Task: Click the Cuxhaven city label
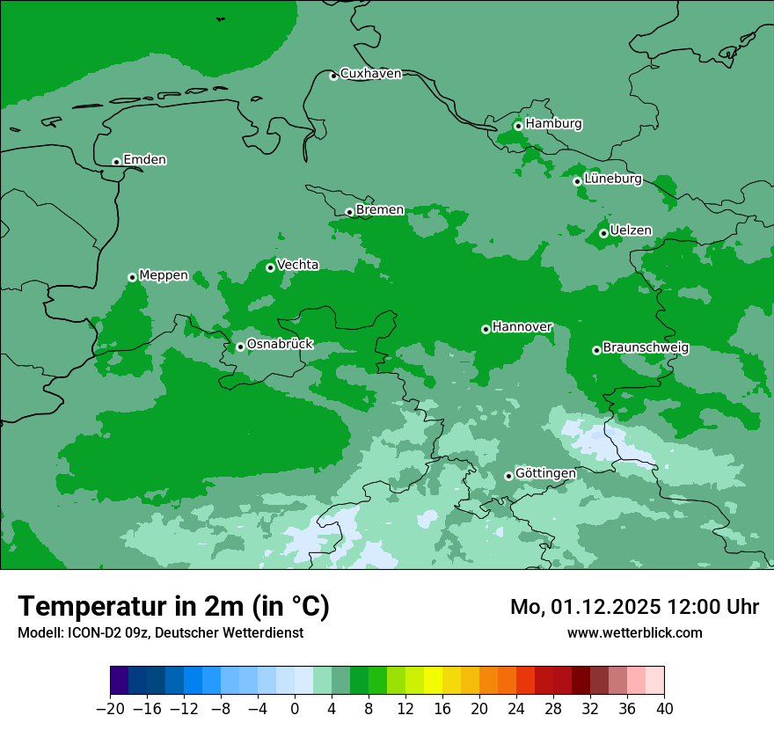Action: point(370,74)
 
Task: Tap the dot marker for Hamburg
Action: point(518,126)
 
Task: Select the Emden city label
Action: point(144,160)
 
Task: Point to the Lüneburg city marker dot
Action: point(577,181)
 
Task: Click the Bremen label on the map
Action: point(380,210)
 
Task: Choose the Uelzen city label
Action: point(631,230)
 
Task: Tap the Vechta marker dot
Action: point(270,267)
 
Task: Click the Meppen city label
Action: point(164,275)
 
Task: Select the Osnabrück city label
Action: point(280,345)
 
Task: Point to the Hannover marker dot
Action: point(486,329)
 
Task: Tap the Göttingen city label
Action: point(545,474)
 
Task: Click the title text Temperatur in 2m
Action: point(173,606)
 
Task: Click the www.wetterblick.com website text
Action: point(634,632)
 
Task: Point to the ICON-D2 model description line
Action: point(160,632)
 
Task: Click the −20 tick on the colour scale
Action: point(110,709)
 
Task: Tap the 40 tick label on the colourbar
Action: point(664,709)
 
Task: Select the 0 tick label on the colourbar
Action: point(295,709)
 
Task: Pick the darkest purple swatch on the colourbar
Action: point(119,680)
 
